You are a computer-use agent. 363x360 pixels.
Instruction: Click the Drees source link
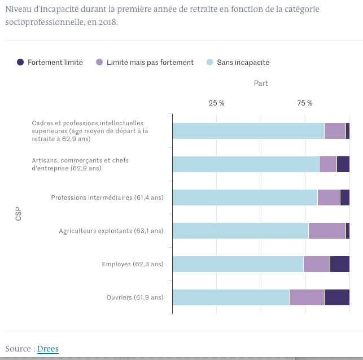click(x=48, y=349)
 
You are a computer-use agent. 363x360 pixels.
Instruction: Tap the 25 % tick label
click(x=217, y=103)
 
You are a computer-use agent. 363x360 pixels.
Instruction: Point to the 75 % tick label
click(x=305, y=103)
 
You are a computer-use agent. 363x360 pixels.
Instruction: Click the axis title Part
click(x=261, y=83)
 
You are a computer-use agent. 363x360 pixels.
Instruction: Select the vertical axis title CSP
click(x=19, y=214)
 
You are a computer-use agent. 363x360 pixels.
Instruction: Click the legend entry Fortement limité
click(x=55, y=63)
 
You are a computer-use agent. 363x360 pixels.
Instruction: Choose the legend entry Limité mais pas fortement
click(x=150, y=63)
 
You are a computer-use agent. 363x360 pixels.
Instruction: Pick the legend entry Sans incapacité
click(x=243, y=63)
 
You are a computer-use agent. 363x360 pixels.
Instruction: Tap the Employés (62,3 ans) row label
click(x=132, y=264)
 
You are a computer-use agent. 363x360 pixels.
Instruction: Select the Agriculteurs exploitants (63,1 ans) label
click(x=111, y=231)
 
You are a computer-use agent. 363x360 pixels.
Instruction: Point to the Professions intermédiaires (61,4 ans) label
click(x=107, y=197)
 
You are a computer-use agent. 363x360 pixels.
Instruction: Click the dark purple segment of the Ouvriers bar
click(x=336, y=297)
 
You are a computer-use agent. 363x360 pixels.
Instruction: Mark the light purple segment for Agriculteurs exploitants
click(x=327, y=231)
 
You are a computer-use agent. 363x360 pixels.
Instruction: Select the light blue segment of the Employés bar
click(x=238, y=264)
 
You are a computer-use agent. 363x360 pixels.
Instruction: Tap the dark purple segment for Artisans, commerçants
click(x=343, y=164)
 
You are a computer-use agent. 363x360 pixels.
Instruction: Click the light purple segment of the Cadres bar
click(x=335, y=131)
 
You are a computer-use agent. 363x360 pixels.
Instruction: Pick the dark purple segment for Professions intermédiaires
click(x=344, y=197)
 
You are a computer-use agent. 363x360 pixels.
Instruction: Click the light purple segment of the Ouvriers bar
click(x=307, y=297)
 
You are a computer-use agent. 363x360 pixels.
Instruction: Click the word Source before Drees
click(x=18, y=349)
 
